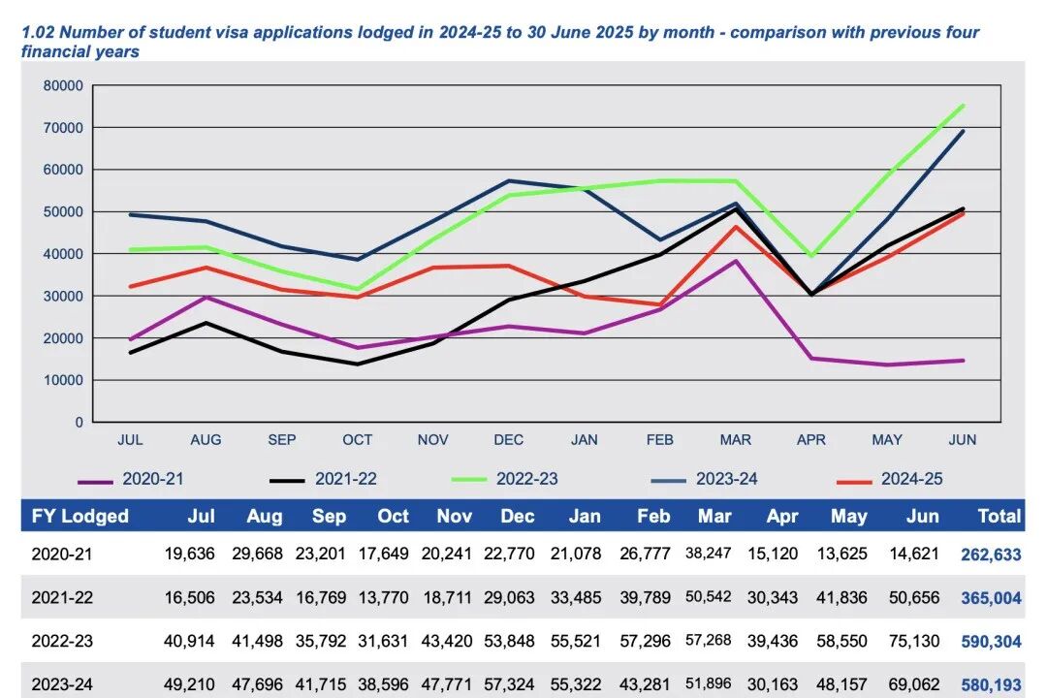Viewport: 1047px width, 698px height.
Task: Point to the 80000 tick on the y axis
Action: pos(63,85)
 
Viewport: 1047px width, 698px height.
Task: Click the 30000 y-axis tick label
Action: pos(63,296)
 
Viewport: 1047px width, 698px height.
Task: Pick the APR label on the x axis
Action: pos(811,440)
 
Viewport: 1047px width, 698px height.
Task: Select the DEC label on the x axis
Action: pos(509,440)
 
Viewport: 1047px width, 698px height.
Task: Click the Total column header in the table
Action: pos(999,516)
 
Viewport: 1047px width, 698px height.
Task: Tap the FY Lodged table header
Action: pos(80,516)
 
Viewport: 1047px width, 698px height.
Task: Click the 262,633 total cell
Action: pos(991,555)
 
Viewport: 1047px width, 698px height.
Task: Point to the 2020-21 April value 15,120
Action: pos(784,555)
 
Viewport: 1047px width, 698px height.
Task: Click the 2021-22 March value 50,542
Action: pos(708,597)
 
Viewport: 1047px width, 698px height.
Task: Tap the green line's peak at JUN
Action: pos(963,106)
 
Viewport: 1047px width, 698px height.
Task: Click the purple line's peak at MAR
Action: pos(736,261)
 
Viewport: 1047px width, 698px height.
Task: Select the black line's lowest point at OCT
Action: pos(358,365)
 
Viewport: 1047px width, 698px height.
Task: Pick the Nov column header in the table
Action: pos(454,516)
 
